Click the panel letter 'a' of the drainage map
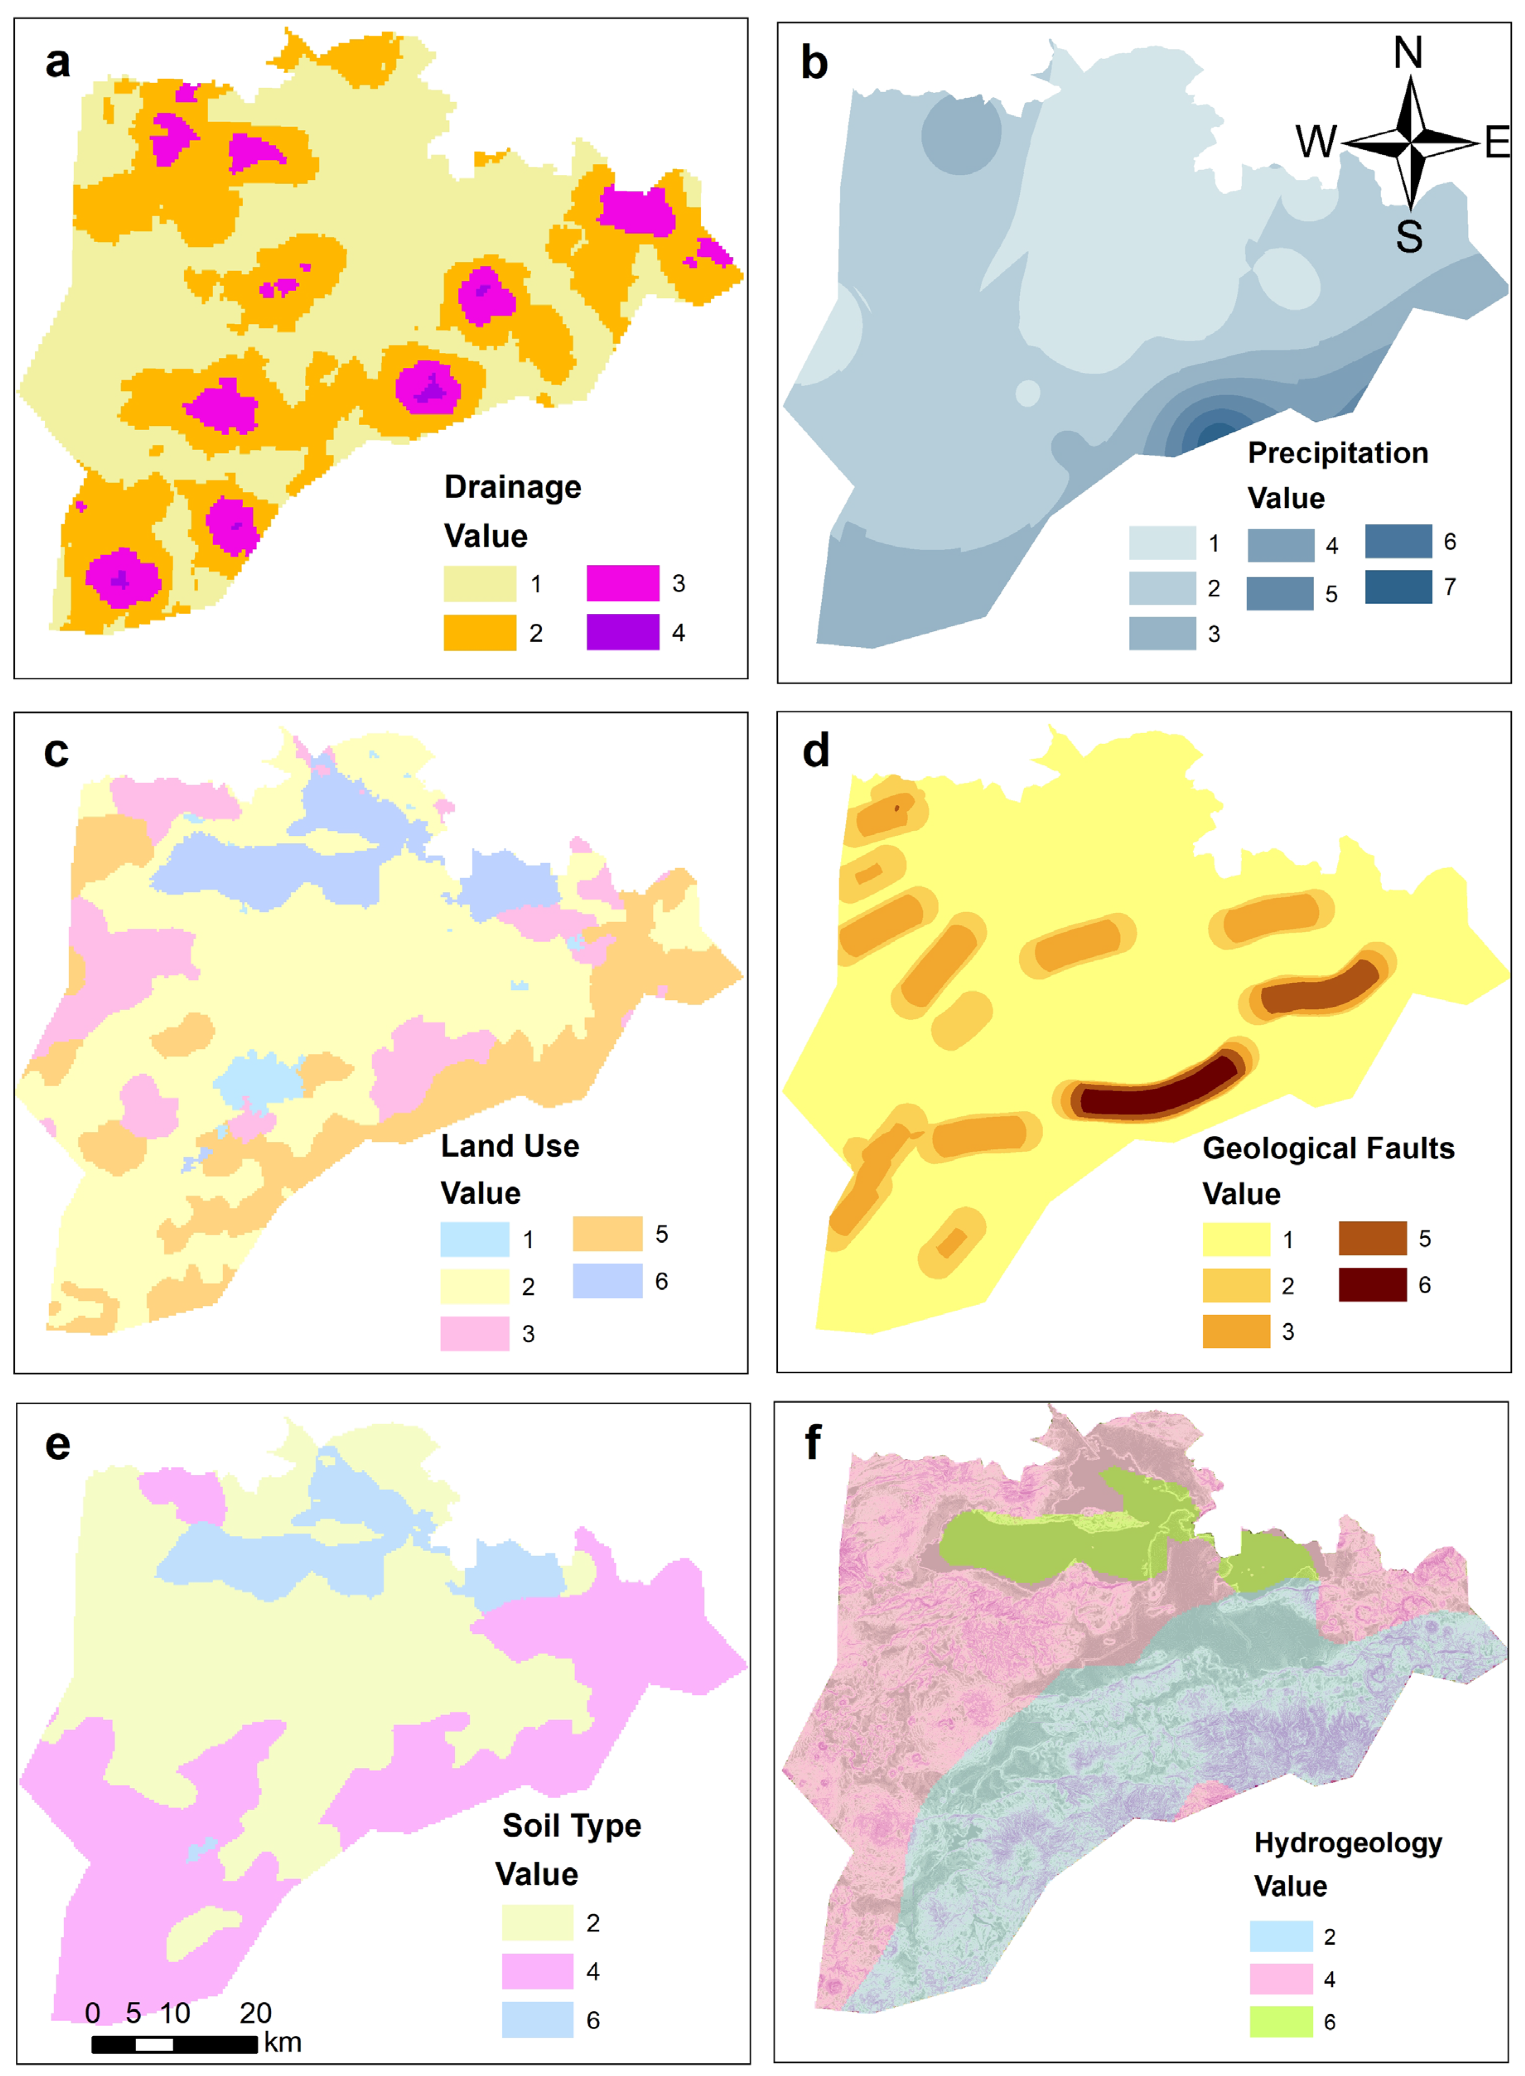coord(57,63)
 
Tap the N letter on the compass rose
coord(1408,53)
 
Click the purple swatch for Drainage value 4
coord(623,632)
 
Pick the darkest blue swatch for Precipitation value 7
coord(1399,587)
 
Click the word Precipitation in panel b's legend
coord(1338,453)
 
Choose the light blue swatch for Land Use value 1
coord(475,1239)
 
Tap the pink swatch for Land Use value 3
coord(475,1333)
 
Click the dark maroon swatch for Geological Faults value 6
coord(1373,1284)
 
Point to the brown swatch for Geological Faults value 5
coord(1373,1238)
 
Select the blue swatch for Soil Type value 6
coord(537,2020)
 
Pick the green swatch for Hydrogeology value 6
coord(1281,2021)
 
